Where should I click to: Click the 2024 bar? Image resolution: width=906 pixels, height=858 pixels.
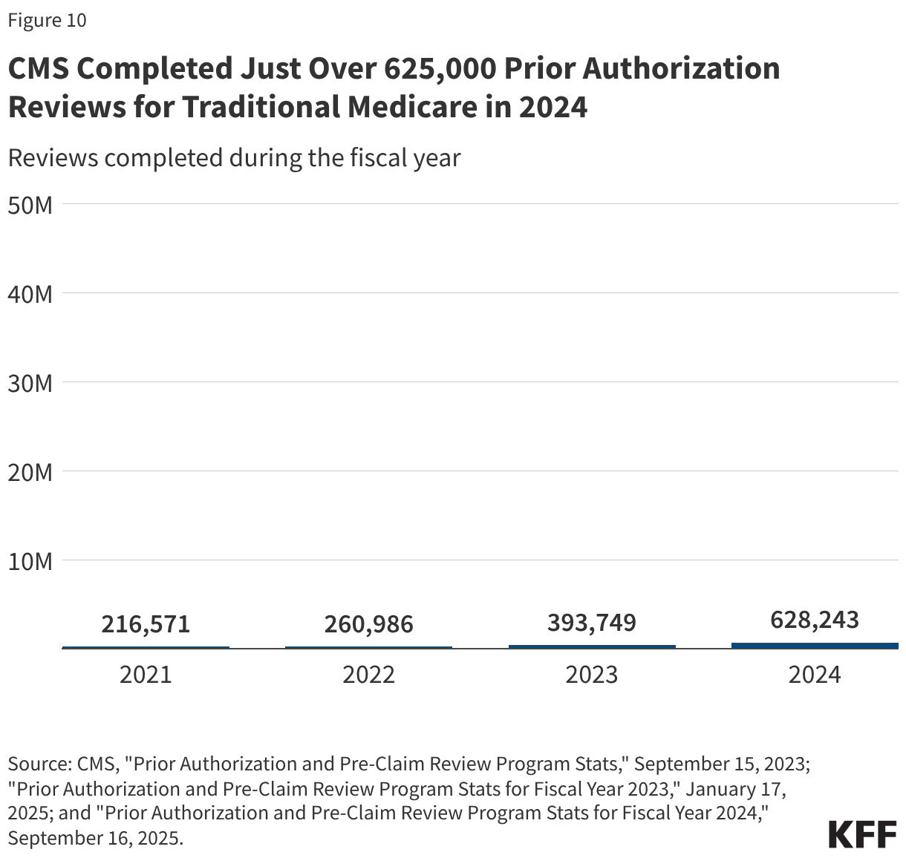click(x=815, y=646)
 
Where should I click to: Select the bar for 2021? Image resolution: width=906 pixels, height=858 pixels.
click(x=146, y=647)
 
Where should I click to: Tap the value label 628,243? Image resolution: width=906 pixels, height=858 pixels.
click(x=815, y=620)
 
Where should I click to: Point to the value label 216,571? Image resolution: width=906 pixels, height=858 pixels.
click(x=146, y=624)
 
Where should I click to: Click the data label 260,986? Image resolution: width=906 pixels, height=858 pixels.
click(x=368, y=624)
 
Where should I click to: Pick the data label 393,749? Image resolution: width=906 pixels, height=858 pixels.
click(x=592, y=622)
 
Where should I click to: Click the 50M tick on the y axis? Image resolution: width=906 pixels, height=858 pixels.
click(x=30, y=205)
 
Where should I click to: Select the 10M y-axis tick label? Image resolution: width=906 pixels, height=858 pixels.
click(x=30, y=561)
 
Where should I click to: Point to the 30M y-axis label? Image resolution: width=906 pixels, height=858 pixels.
click(x=30, y=383)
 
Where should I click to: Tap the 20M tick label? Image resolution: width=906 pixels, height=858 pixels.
click(x=30, y=472)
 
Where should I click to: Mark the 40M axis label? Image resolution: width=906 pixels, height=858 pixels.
click(x=30, y=294)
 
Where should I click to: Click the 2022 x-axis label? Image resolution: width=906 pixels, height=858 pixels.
click(x=368, y=674)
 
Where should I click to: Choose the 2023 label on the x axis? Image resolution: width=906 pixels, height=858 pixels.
click(x=592, y=674)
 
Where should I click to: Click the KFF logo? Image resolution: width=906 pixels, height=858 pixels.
click(x=862, y=834)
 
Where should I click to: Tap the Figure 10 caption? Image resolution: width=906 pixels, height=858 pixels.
click(x=47, y=21)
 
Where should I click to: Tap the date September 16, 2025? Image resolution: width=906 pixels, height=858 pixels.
click(x=95, y=838)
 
